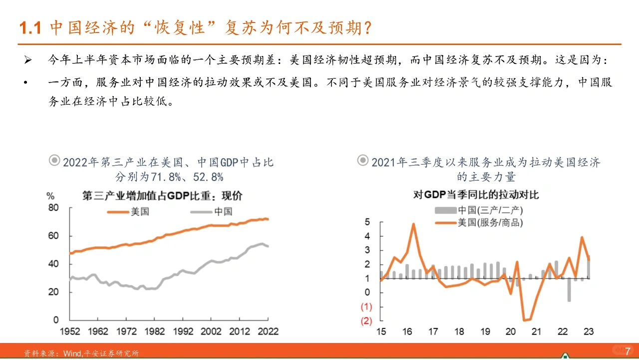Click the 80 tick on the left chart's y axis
tap(53, 207)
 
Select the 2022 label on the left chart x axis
tap(268, 331)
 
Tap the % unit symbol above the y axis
tap(50, 195)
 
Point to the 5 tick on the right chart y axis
tap(367, 222)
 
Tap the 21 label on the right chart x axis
tap(537, 331)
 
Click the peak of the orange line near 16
tap(414, 224)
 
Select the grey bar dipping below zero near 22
tap(569, 290)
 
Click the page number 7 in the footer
tap(628, 350)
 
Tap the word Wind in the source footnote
tap(72, 353)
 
